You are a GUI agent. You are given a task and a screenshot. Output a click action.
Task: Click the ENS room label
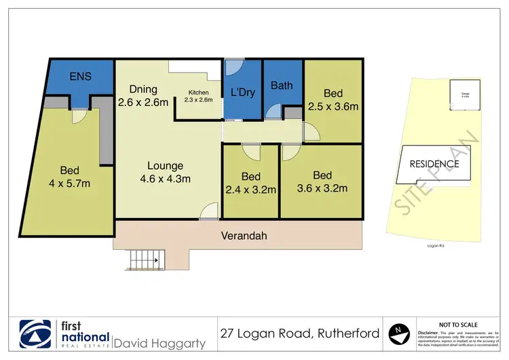[81, 77]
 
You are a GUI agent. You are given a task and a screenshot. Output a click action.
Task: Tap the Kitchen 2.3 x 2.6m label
[199, 96]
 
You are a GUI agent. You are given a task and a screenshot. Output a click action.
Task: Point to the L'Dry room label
[242, 92]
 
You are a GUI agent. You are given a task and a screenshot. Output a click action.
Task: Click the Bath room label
[282, 86]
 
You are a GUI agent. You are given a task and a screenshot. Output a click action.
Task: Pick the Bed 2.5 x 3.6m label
[334, 99]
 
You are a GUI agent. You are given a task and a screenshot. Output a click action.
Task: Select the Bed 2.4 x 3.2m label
[251, 183]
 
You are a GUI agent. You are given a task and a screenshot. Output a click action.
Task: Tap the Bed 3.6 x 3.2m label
[323, 181]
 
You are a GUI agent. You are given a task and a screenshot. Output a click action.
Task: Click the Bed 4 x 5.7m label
[70, 177]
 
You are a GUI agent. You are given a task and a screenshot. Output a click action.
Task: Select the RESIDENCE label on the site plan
[434, 164]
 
